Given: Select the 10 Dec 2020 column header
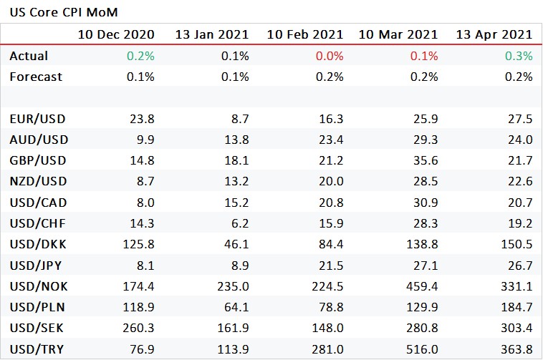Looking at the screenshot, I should [116, 34].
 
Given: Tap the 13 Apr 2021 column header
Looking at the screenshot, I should [494, 34].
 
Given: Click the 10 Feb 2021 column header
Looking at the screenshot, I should [305, 34].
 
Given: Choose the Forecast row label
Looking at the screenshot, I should [35, 77].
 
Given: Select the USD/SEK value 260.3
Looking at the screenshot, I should [141, 329].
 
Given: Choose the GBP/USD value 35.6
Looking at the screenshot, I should [428, 161].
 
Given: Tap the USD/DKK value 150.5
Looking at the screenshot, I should [519, 245].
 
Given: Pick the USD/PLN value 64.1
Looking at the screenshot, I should [238, 308].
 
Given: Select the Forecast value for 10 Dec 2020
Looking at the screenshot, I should [141, 77].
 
